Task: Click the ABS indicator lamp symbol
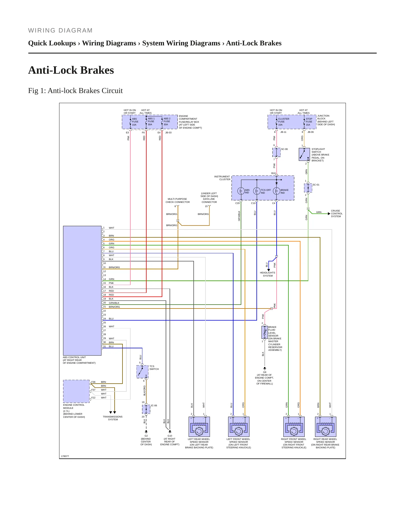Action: pos(241,191)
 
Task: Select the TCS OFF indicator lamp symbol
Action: pos(257,191)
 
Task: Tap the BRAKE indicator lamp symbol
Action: pos(277,191)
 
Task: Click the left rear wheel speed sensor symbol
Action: pos(199,427)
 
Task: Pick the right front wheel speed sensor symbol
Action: pos(294,427)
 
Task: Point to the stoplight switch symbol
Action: pos(304,154)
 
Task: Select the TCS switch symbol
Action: pos(142,372)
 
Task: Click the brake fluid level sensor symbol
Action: pos(265,333)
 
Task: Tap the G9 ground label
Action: pos(265,372)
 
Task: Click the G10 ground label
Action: pos(170,436)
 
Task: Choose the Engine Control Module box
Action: pos(76,391)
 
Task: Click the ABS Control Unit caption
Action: pos(79,360)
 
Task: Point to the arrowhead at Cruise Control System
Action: pos(329,214)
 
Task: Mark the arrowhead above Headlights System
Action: pos(269,270)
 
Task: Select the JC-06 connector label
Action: pos(154,405)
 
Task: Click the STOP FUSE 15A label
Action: pos(309,122)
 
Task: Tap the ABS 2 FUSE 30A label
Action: pos(167,122)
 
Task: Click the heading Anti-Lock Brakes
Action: pos(71,70)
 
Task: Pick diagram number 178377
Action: pos(65,456)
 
